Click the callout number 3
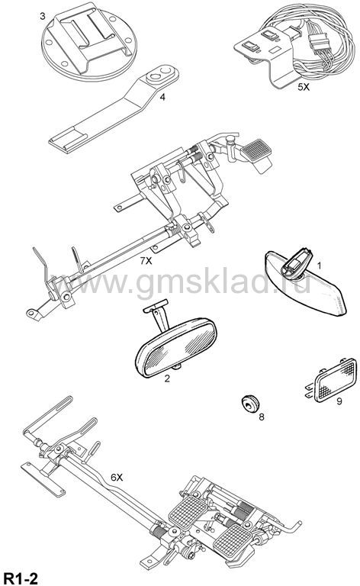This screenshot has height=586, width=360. [43, 16]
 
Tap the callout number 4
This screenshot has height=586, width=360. [162, 97]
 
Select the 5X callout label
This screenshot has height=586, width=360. [304, 88]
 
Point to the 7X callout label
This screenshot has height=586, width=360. [146, 261]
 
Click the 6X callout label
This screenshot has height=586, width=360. [117, 477]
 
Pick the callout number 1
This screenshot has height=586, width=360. [320, 266]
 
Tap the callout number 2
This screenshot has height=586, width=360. [167, 378]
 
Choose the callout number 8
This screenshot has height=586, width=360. [262, 417]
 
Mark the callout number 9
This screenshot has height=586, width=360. [339, 402]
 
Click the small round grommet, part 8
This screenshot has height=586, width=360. [249, 404]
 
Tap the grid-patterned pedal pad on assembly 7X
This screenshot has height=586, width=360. [256, 150]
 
